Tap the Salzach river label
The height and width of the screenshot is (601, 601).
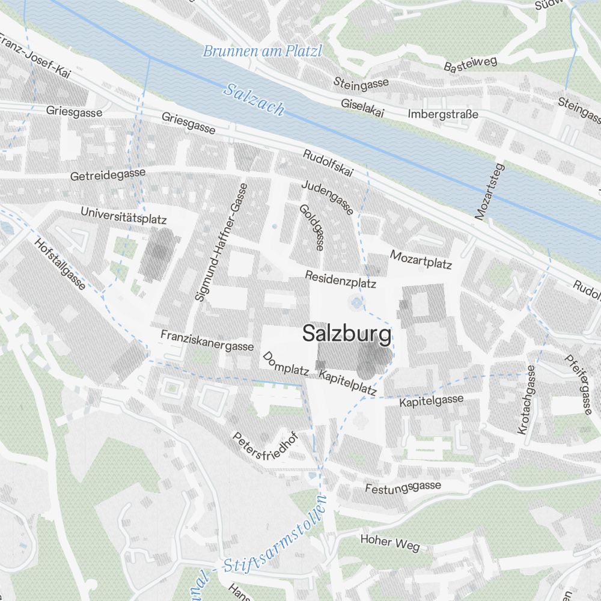(x=254, y=99)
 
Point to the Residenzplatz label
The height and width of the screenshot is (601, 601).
(x=340, y=279)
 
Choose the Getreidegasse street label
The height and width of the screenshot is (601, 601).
(x=108, y=175)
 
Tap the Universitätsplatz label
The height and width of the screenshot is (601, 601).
(x=123, y=215)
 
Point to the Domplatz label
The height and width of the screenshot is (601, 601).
(x=285, y=364)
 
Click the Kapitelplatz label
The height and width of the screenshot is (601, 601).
(x=348, y=383)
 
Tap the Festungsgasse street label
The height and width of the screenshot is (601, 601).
(x=403, y=487)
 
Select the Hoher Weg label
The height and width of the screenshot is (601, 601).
(x=389, y=542)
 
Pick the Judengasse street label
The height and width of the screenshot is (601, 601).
(x=328, y=197)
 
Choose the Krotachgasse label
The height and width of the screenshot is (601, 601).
(x=525, y=400)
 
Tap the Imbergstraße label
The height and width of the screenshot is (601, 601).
(x=442, y=114)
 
